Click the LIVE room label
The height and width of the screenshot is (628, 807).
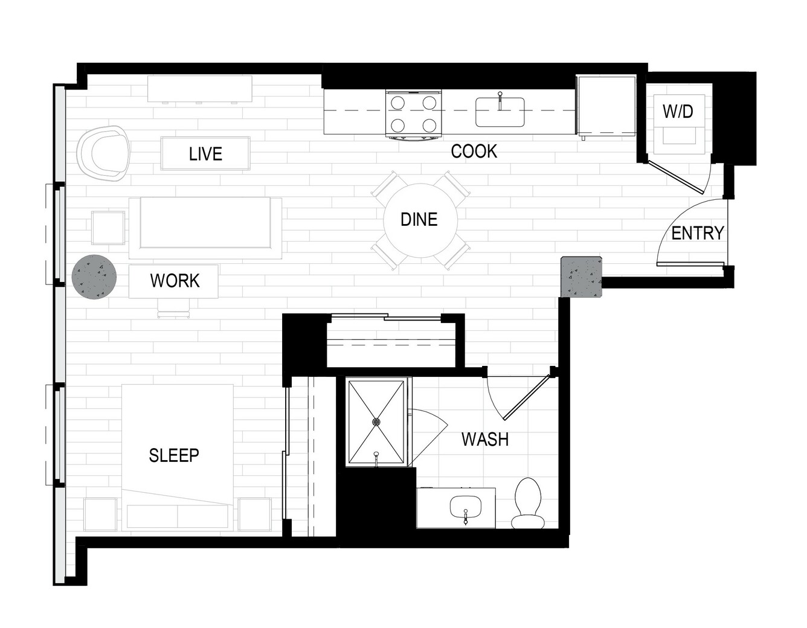205,153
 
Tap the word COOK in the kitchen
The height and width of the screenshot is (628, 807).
474,152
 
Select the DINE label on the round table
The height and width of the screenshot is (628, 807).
419,219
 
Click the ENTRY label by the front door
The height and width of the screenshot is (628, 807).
698,233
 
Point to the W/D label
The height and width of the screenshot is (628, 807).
678,111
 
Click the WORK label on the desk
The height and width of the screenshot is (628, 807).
175,281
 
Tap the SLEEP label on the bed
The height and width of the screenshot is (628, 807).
174,455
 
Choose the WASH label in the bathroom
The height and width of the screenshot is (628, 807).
485,439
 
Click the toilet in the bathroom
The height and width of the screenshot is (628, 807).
528,503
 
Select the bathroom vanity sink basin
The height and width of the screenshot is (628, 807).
465,507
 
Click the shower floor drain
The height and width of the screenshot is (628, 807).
376,421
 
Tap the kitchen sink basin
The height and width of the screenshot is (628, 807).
500,112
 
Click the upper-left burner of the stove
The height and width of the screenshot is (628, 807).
397,102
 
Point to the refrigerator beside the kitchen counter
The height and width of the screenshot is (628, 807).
606,106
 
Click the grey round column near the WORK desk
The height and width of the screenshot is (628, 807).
94,277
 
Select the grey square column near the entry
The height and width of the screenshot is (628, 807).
581,277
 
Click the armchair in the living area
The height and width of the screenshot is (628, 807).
103,153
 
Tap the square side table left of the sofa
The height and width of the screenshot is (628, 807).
108,228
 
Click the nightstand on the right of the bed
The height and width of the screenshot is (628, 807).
254,514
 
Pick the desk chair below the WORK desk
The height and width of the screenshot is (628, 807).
173,308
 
